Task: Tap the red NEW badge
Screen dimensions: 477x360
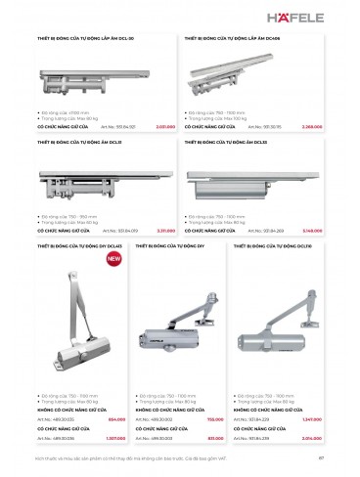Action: (x=113, y=259)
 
